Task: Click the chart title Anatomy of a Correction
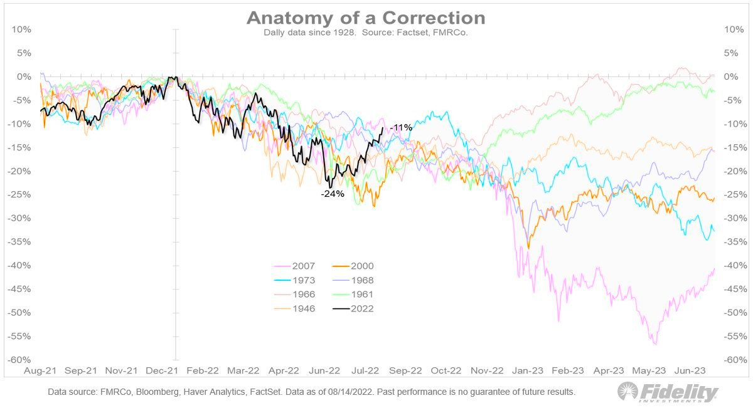click(x=366, y=17)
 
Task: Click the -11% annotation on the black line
click(x=400, y=128)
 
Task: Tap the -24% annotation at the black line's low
click(x=333, y=194)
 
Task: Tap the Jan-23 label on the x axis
click(x=529, y=370)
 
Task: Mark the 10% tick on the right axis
click(x=734, y=29)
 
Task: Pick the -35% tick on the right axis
click(x=735, y=242)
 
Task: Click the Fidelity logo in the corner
click(x=668, y=393)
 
